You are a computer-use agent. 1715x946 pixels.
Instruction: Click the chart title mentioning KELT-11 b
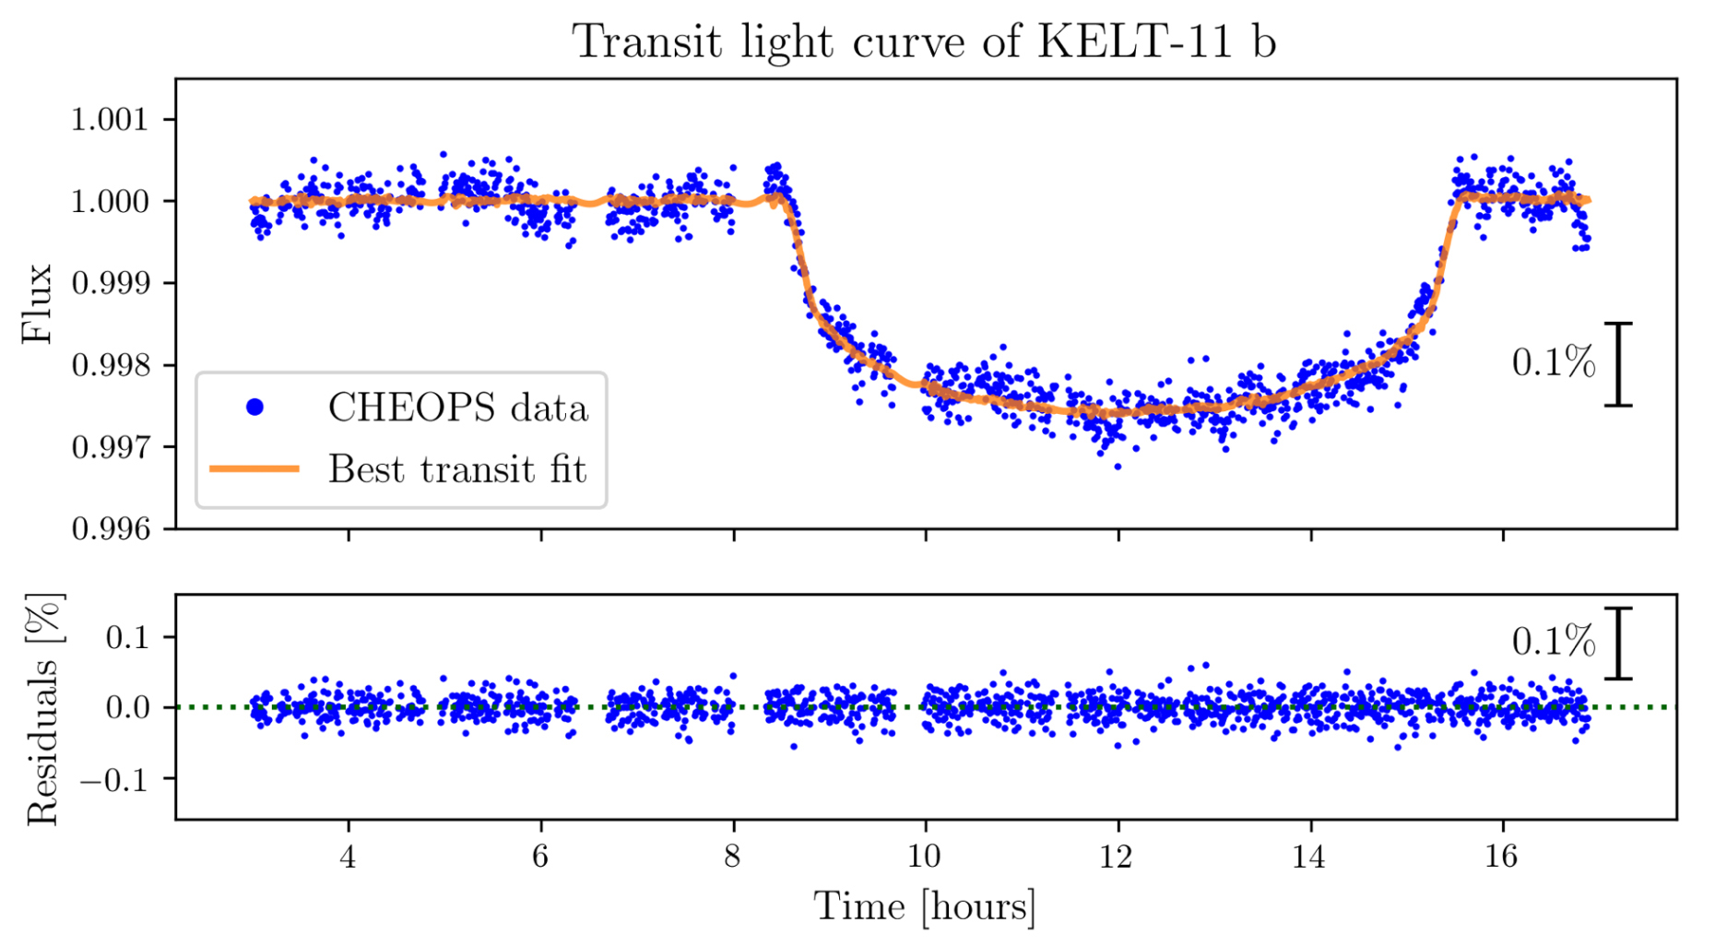tap(924, 41)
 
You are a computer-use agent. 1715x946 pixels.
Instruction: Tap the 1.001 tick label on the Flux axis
tap(110, 120)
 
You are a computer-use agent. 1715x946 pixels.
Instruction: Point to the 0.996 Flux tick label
tap(110, 529)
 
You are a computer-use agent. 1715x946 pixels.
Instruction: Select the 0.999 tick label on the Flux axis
tap(110, 283)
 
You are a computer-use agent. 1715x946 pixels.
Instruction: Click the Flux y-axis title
tap(37, 303)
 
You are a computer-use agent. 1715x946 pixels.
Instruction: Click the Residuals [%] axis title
tap(43, 708)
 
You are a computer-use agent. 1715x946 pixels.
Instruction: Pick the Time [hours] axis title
tap(924, 906)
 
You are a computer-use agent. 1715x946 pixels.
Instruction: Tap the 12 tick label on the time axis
tap(1117, 857)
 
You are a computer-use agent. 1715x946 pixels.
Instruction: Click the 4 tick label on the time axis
tap(348, 857)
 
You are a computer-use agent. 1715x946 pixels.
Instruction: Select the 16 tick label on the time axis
tap(1501, 857)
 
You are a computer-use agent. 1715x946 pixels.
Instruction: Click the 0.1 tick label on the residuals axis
tap(127, 637)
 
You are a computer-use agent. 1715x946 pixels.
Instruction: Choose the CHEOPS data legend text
tap(457, 408)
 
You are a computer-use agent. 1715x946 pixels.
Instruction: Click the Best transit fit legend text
tap(457, 469)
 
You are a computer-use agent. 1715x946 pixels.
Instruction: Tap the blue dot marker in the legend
tap(255, 407)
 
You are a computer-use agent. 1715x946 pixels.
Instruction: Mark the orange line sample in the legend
tap(255, 468)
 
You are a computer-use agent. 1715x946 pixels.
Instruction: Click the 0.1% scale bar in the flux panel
tap(1618, 364)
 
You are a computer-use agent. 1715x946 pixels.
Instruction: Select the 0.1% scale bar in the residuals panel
tap(1618, 644)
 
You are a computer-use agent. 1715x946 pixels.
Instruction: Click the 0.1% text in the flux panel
tap(1554, 362)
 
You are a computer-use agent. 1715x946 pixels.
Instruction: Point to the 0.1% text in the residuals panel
tap(1554, 642)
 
